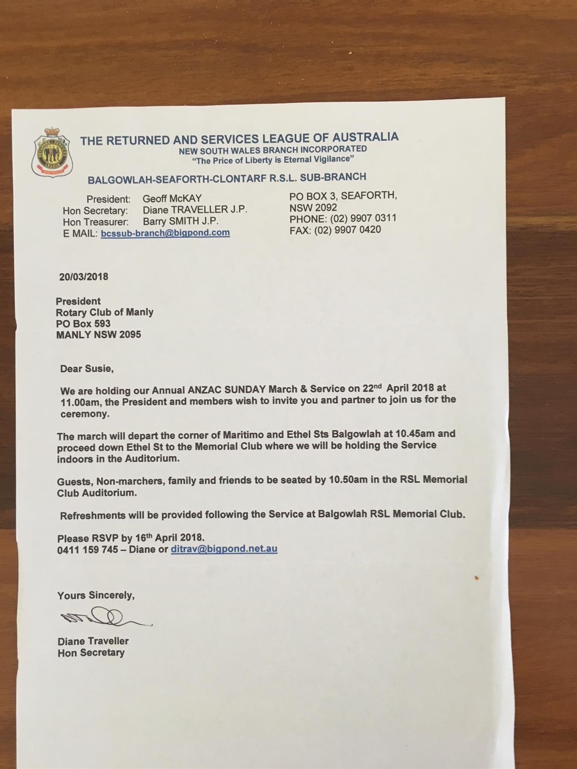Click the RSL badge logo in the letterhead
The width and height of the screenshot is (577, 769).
52,152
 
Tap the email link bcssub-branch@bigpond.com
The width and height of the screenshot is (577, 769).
165,233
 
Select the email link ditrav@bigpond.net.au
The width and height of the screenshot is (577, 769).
224,549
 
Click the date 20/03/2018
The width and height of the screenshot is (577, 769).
84,277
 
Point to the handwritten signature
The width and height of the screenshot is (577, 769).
105,618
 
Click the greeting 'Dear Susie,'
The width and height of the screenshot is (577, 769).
87,369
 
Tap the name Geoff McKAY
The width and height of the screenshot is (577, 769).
172,199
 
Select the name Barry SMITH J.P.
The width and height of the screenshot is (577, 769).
181,221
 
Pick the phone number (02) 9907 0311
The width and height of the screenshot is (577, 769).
363,218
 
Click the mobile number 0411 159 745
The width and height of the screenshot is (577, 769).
87,550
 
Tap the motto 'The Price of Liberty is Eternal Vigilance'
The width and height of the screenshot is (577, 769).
273,160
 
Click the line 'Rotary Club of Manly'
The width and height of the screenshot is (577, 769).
105,312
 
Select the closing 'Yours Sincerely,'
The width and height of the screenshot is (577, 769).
96,595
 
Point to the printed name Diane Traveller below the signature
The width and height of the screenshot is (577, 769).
93,641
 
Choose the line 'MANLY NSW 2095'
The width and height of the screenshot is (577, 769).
98,335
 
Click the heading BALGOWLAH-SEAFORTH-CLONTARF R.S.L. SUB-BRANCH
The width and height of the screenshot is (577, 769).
227,178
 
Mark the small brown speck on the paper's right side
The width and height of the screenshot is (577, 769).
477,578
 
